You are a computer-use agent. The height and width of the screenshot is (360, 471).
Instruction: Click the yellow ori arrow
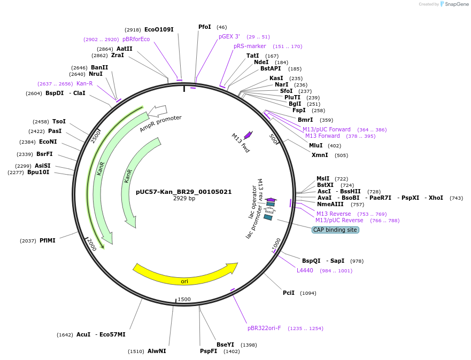click(185, 274)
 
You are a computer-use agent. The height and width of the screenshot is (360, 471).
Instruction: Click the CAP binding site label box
click(335, 230)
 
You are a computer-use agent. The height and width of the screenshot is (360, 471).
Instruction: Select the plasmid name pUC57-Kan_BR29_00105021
click(184, 192)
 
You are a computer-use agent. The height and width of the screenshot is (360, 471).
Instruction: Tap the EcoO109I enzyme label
click(159, 29)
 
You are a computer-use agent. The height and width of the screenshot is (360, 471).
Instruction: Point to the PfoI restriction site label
click(205, 27)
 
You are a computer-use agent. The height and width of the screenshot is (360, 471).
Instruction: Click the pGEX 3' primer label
click(229, 36)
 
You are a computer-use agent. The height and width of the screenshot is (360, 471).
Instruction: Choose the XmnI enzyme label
click(320, 155)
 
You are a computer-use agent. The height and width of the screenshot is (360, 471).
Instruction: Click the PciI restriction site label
click(289, 293)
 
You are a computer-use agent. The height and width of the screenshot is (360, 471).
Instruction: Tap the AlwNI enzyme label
click(157, 351)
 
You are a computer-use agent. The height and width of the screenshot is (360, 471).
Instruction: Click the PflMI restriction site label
click(48, 240)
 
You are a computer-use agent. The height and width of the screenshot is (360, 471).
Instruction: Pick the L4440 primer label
click(305, 270)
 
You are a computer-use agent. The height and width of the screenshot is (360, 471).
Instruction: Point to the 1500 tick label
click(184, 299)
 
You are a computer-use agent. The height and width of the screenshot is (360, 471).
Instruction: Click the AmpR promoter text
click(160, 124)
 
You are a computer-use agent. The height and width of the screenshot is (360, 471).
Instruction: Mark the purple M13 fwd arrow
click(248, 135)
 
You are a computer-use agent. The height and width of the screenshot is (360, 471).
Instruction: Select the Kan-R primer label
click(84, 83)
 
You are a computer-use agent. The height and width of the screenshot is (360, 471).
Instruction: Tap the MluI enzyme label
click(315, 145)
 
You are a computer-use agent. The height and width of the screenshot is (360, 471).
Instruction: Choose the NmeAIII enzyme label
click(330, 204)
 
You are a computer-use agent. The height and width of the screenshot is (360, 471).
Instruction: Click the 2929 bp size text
click(184, 199)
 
